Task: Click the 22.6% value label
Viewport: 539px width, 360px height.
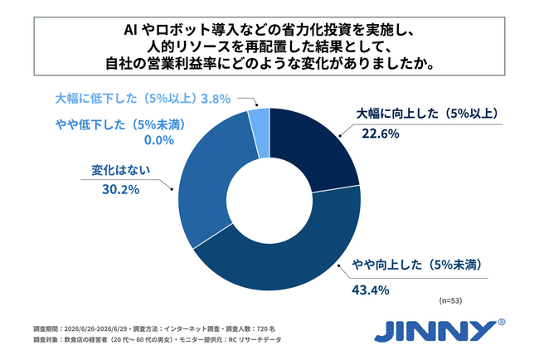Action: [x=380, y=134]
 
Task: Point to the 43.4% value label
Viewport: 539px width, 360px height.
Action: [x=370, y=290]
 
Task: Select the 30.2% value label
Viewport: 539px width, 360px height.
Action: [x=121, y=189]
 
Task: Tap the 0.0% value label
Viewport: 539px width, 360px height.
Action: [x=159, y=140]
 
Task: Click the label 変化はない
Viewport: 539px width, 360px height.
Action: [x=121, y=170]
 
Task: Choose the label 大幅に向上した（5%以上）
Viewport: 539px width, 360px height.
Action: [x=427, y=114]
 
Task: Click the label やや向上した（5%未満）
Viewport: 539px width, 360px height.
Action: [x=417, y=265]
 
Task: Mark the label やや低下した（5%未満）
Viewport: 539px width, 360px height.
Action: [x=121, y=124]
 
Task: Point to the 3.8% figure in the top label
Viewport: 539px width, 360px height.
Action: [x=216, y=99]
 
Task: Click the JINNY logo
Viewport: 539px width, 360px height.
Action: [x=435, y=331]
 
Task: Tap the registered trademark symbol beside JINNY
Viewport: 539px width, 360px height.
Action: [x=502, y=322]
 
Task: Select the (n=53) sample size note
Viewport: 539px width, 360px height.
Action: [x=450, y=300]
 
